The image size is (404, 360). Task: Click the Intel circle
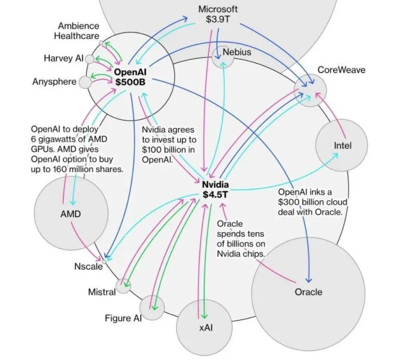(x=342, y=146)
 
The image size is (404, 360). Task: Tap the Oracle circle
(x=308, y=291)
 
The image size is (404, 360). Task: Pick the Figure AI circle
(x=152, y=307)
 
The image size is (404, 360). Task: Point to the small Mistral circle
(x=123, y=286)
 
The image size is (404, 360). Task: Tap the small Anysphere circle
(x=85, y=82)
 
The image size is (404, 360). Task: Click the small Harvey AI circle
(x=89, y=58)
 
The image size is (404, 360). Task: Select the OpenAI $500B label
(x=130, y=77)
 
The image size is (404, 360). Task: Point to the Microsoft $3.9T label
(x=218, y=14)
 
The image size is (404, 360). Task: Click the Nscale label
(x=88, y=266)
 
